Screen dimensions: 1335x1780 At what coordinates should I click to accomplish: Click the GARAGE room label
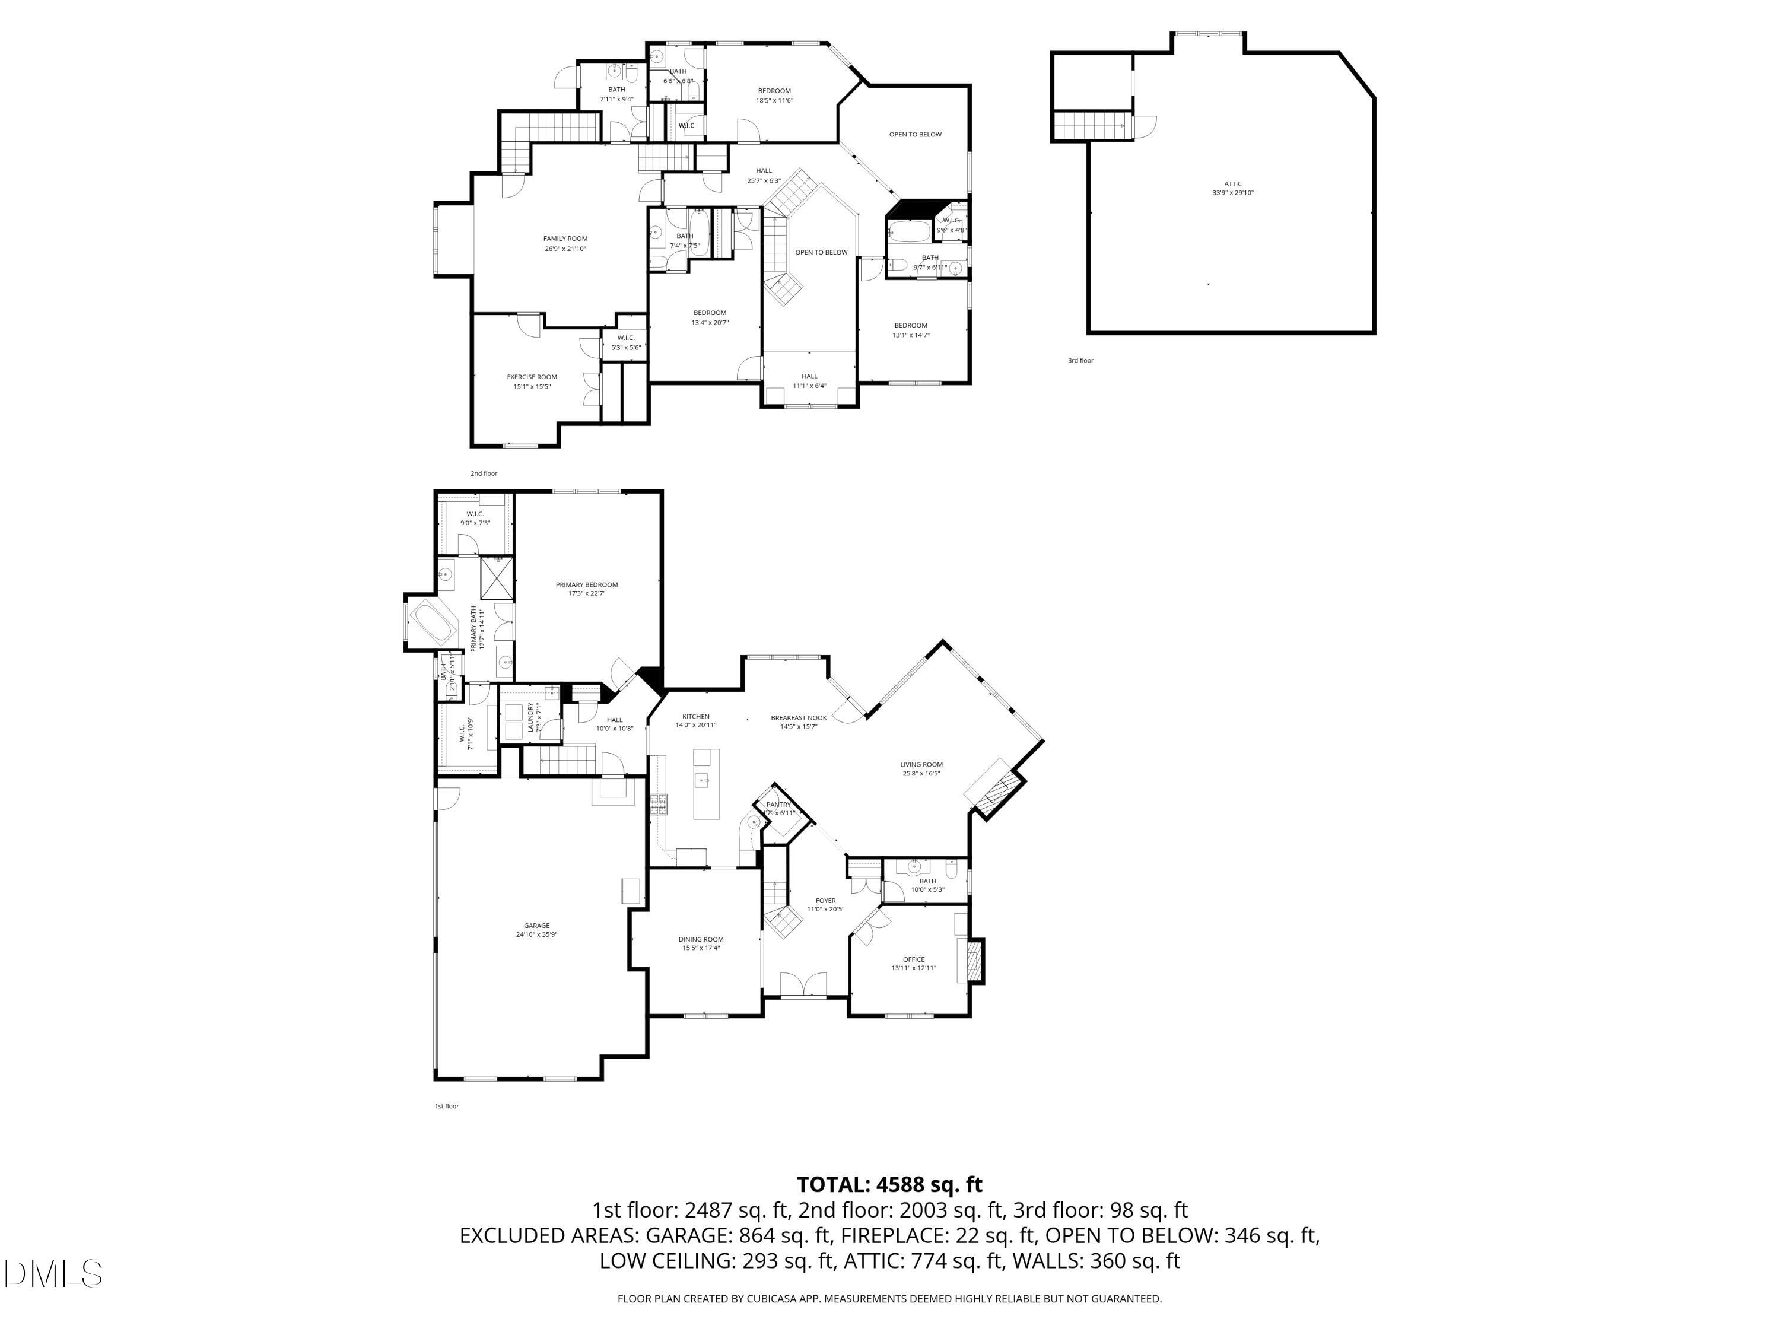coord(537,926)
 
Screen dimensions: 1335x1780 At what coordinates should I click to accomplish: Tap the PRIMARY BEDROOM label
coord(587,585)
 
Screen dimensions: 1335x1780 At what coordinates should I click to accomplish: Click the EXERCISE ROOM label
coord(532,377)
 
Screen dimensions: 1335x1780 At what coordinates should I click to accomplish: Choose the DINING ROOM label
coord(701,939)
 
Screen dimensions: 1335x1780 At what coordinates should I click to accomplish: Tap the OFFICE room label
coord(913,959)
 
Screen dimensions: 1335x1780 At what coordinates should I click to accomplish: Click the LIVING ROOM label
coord(921,764)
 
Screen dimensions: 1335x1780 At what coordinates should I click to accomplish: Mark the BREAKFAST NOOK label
coord(798,718)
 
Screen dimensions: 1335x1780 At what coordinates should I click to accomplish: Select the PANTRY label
coord(778,805)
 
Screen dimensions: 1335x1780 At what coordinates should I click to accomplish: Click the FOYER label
coord(826,901)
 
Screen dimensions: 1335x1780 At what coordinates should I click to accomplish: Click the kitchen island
coord(705,783)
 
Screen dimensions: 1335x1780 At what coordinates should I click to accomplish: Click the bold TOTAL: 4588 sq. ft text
coord(889,1184)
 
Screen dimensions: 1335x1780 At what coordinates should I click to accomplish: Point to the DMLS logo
coord(53,1274)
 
